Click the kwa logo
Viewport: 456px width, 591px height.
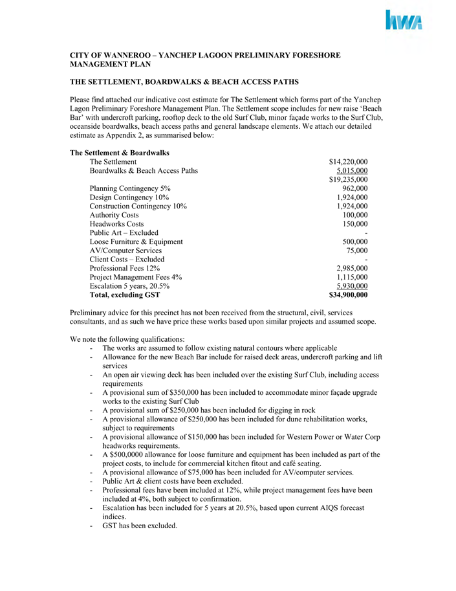(404, 21)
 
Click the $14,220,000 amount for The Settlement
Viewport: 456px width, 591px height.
(348, 162)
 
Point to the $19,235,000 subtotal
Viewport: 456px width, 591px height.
(348, 180)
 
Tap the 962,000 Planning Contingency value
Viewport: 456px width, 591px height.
(354, 188)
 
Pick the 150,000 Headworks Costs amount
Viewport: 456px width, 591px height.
(354, 224)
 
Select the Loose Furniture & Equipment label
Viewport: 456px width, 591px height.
(136, 241)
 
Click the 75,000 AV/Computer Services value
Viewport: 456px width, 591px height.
(357, 251)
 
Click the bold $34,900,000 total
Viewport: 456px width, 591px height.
(348, 295)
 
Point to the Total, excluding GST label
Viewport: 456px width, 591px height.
(125, 295)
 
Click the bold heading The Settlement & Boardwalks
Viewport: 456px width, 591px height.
(120, 153)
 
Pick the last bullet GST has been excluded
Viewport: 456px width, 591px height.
(139, 526)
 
